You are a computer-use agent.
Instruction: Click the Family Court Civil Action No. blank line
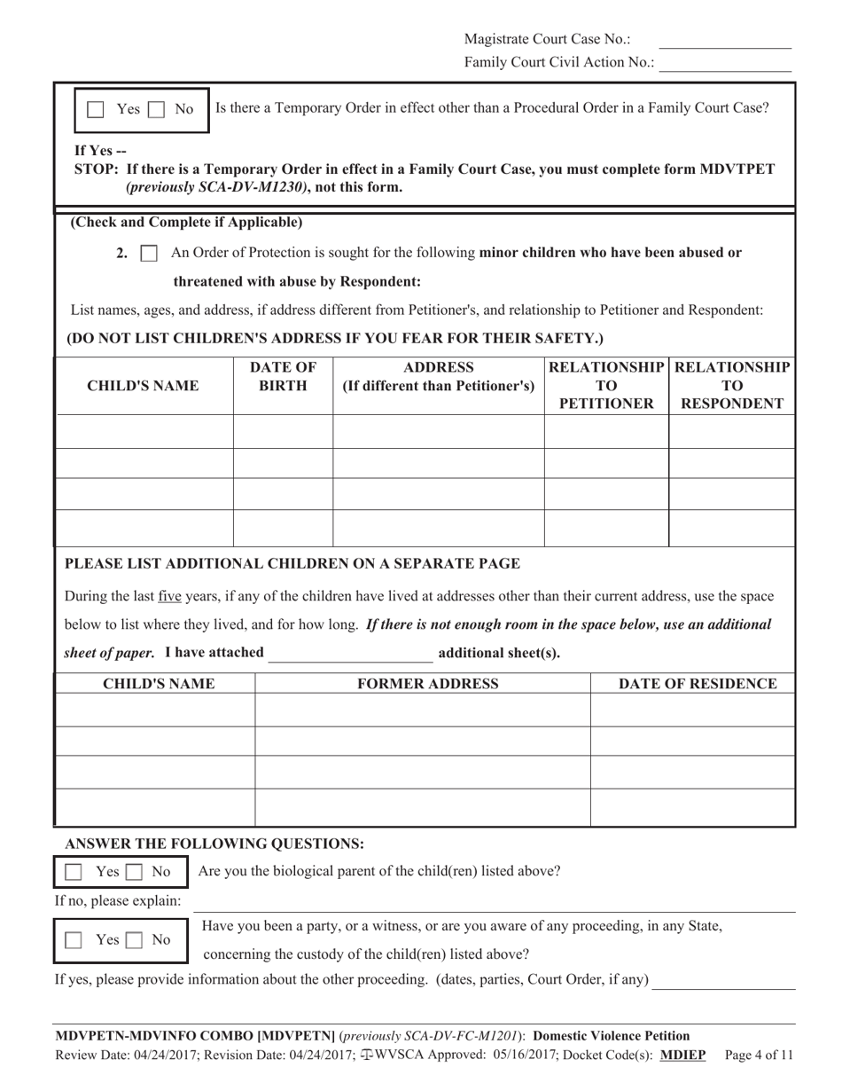pos(725,67)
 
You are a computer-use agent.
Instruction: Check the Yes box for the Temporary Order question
pos(96,110)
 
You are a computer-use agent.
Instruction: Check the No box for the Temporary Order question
pos(155,110)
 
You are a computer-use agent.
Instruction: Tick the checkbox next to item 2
pos(150,254)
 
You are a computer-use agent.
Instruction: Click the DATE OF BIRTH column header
pos(283,377)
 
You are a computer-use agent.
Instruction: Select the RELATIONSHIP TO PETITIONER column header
pos(606,386)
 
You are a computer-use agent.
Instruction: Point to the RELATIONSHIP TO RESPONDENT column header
pos(731,386)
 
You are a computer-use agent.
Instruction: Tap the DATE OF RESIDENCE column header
pos(698,684)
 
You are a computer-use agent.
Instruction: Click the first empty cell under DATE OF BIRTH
pos(283,431)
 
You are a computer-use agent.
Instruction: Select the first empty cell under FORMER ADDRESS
pos(423,710)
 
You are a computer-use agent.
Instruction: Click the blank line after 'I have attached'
pos(351,655)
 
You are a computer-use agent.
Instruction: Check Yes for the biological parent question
pos(75,873)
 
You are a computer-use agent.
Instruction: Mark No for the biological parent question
pos(133,873)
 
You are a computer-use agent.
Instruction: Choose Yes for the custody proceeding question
pos(75,940)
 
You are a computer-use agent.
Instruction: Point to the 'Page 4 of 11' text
pos(759,1056)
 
